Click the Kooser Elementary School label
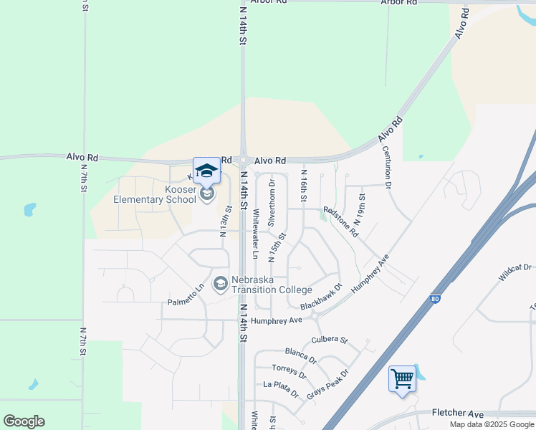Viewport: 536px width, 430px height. [155, 194]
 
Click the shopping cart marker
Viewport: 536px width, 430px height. [402, 378]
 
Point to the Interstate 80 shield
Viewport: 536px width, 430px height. [435, 299]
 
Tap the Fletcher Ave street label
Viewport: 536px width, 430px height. [458, 413]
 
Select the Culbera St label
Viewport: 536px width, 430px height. [329, 339]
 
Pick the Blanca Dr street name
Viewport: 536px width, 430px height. [300, 354]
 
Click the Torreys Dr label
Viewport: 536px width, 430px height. [289, 371]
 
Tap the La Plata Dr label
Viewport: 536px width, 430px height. [281, 386]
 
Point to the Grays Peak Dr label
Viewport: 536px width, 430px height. [327, 384]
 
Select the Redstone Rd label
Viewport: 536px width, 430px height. [340, 221]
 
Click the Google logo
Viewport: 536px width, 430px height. [24, 421]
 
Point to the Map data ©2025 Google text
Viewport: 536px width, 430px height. [491, 424]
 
